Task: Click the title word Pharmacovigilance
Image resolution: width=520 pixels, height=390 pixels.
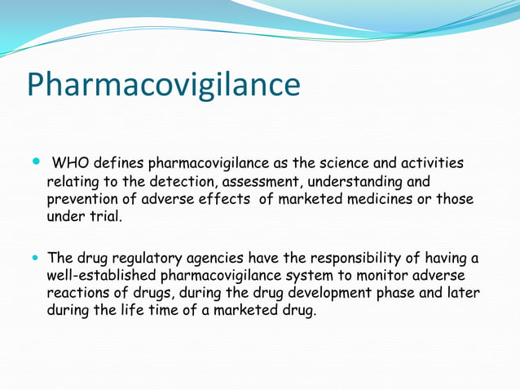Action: tap(163, 86)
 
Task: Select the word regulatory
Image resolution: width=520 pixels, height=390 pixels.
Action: tap(139, 259)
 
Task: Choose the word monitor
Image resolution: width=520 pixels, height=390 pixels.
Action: tap(381, 276)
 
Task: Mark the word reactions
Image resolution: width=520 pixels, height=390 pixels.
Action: tap(79, 293)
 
